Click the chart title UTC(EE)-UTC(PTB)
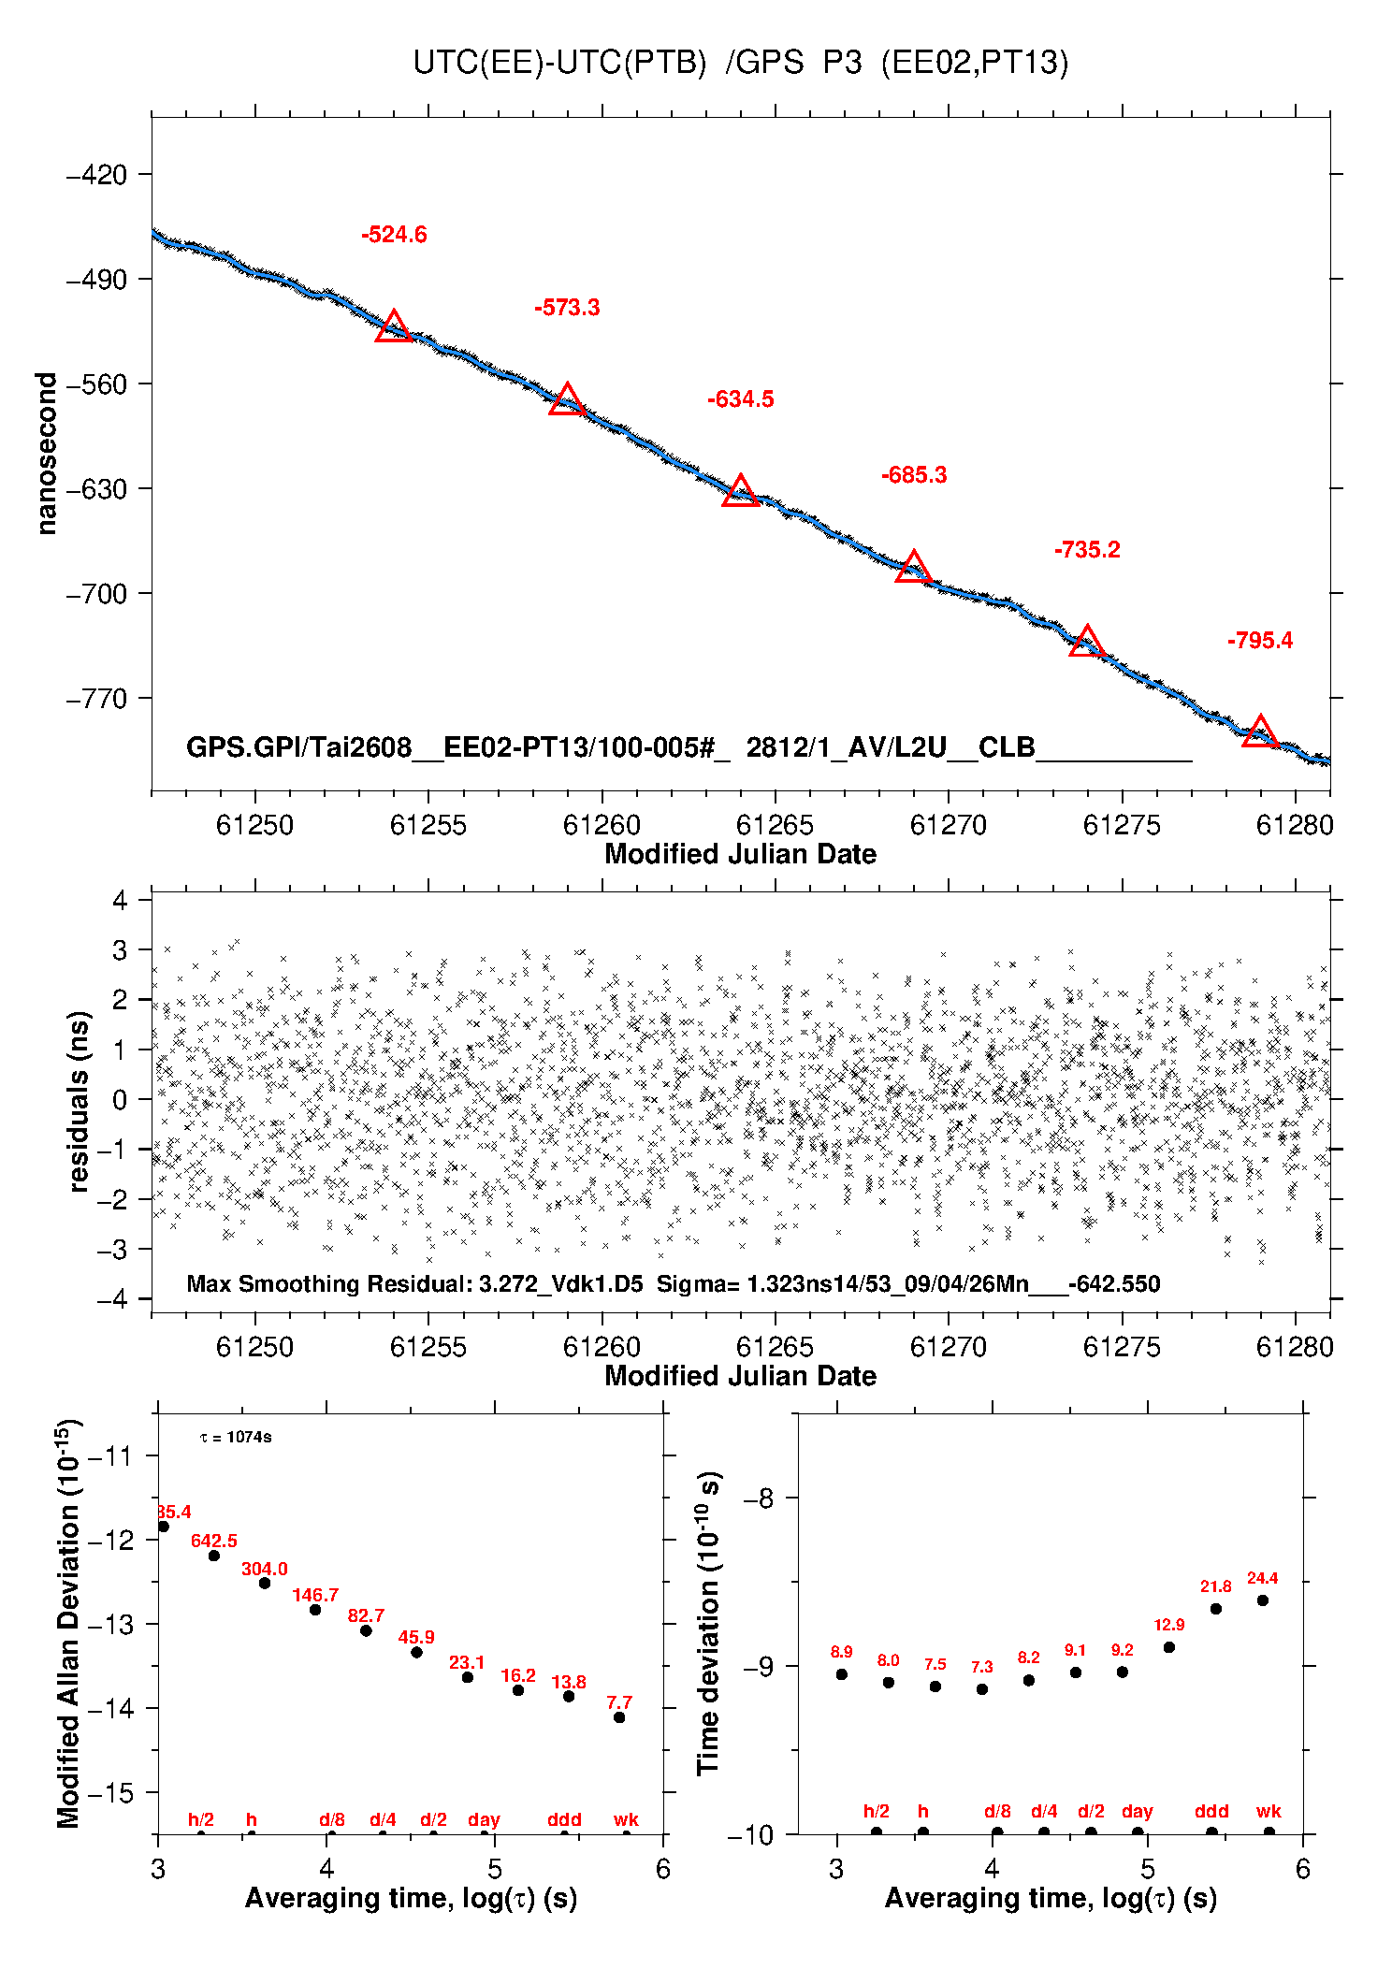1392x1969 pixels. [559, 63]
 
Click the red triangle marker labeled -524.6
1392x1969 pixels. [394, 327]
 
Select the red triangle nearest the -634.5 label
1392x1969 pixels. [741, 491]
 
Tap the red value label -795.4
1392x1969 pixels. [1260, 641]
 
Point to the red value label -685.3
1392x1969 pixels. [914, 475]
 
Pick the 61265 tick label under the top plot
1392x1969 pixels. [775, 825]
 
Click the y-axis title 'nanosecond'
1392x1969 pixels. [46, 454]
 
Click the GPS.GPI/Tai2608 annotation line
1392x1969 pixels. [689, 747]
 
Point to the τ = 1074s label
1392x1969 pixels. [236, 1437]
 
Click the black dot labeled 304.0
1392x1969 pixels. [265, 1583]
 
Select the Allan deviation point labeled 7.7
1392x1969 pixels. [619, 1717]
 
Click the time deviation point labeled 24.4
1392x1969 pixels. [1263, 1600]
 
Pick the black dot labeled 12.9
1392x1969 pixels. [1169, 1647]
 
